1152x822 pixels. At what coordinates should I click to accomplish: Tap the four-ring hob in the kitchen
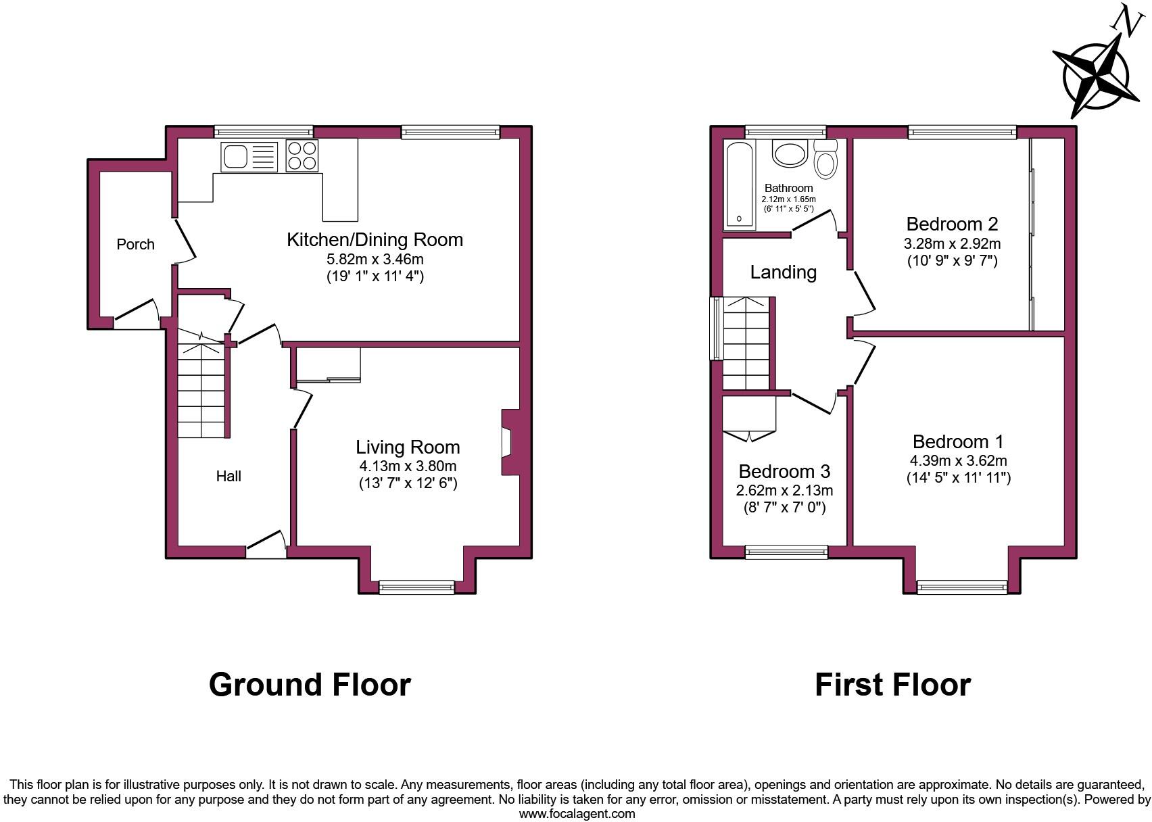click(302, 156)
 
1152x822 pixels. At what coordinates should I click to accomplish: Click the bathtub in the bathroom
click(740, 185)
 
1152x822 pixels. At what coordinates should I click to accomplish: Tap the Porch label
click(135, 245)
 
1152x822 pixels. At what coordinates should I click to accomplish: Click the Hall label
click(229, 477)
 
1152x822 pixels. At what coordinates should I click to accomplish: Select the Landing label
click(783, 272)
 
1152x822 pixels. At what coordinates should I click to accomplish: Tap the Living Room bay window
click(416, 587)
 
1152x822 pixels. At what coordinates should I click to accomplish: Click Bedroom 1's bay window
click(961, 587)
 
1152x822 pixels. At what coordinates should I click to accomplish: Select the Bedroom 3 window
click(786, 552)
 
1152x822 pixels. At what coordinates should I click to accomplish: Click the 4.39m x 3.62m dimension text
click(958, 461)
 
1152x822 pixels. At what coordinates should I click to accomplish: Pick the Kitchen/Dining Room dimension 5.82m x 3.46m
click(375, 259)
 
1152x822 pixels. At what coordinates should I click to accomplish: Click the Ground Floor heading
click(310, 685)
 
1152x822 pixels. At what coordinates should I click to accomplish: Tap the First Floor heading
click(892, 685)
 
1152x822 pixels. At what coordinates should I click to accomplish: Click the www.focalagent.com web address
click(577, 814)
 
